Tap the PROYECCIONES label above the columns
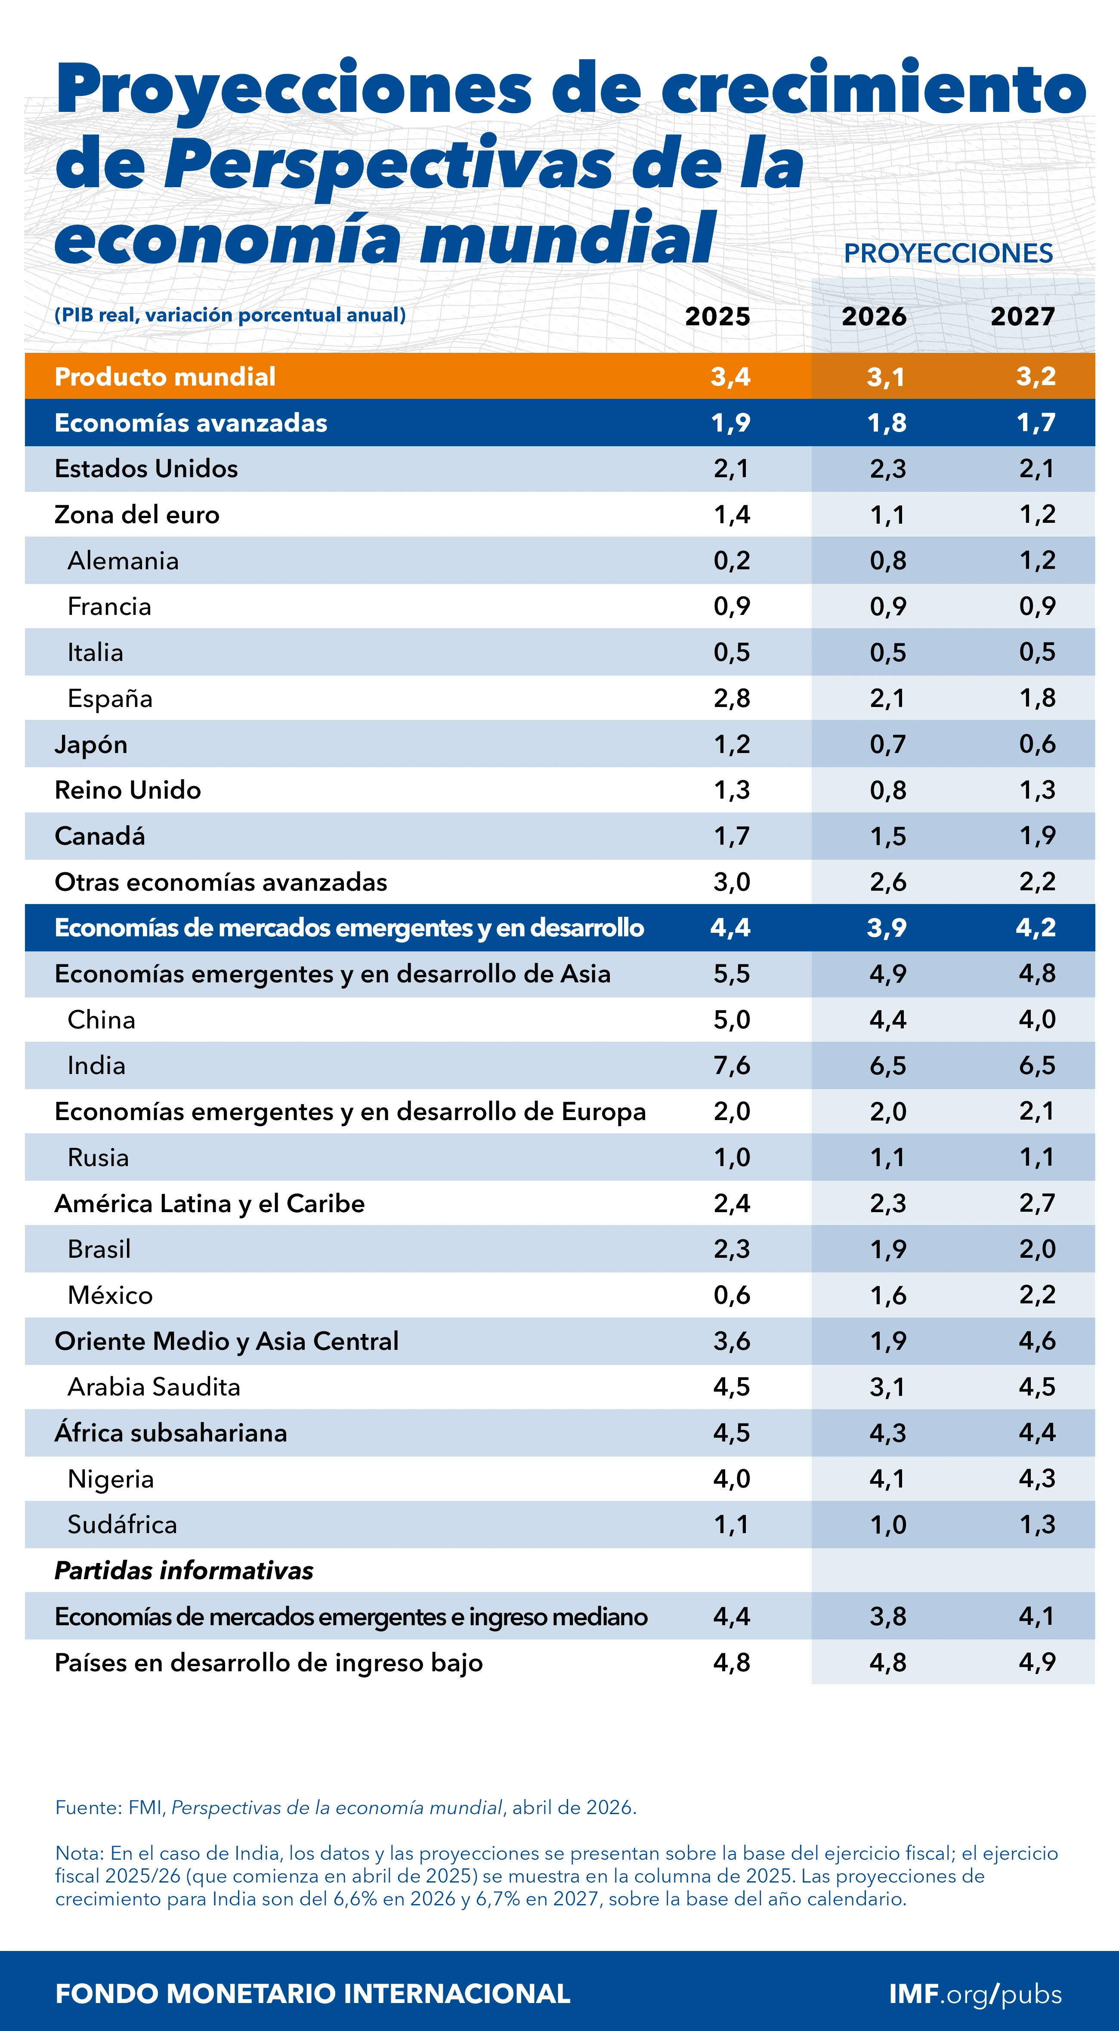click(948, 253)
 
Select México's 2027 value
click(1036, 1295)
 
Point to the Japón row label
click(91, 744)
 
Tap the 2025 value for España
click(731, 698)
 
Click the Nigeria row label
click(111, 1478)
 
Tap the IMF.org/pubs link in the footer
click(975, 1994)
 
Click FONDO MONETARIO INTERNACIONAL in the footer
click(312, 1994)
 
